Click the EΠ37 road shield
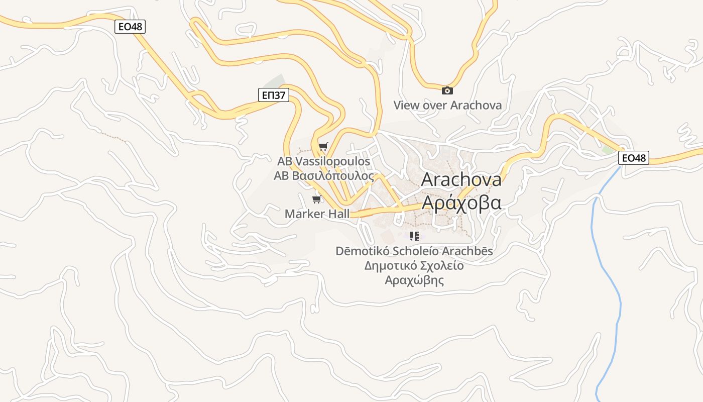coord(274,94)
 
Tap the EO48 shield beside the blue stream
coord(633,158)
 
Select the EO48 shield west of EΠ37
coord(130,26)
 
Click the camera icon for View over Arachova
coord(447,90)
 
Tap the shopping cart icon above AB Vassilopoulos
coord(323,147)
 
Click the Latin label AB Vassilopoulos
coord(323,161)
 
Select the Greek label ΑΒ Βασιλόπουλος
coord(324,176)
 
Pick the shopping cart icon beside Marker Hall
coord(316,199)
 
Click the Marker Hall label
coord(317,214)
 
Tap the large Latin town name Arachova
coord(461,179)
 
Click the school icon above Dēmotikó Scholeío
coord(414,236)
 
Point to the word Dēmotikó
coord(362,251)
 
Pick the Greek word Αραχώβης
coord(414,280)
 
